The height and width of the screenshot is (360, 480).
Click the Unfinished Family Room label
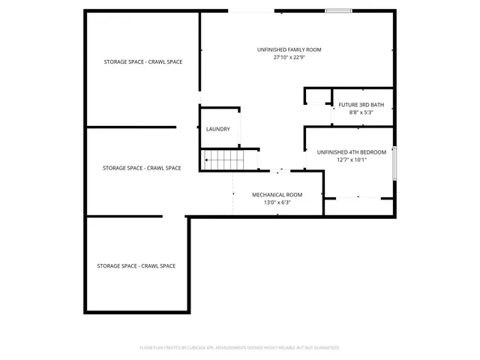(289, 49)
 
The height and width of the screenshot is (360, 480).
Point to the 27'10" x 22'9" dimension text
(289, 58)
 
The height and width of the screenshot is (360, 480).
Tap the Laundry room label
(218, 129)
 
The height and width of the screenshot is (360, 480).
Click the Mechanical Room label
(277, 194)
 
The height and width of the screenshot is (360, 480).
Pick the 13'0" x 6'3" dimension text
(277, 202)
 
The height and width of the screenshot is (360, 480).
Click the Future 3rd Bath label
(361, 104)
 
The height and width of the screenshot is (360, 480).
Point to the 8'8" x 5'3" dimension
(361, 112)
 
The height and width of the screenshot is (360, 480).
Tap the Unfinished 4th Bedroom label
(351, 151)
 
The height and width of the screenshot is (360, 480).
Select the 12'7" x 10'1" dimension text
(351, 160)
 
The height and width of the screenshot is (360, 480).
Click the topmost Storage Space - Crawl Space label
(142, 61)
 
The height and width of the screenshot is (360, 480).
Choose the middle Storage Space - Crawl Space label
(142, 168)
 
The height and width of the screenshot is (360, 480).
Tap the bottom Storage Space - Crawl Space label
(136, 266)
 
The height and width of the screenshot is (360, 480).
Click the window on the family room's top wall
(338, 10)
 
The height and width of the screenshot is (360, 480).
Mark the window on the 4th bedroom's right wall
(394, 162)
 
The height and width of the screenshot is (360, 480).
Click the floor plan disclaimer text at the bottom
(240, 348)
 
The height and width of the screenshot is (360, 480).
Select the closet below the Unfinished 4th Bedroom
(358, 206)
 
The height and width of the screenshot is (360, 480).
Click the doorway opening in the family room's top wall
(251, 10)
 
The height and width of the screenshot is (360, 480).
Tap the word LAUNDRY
(218, 129)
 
